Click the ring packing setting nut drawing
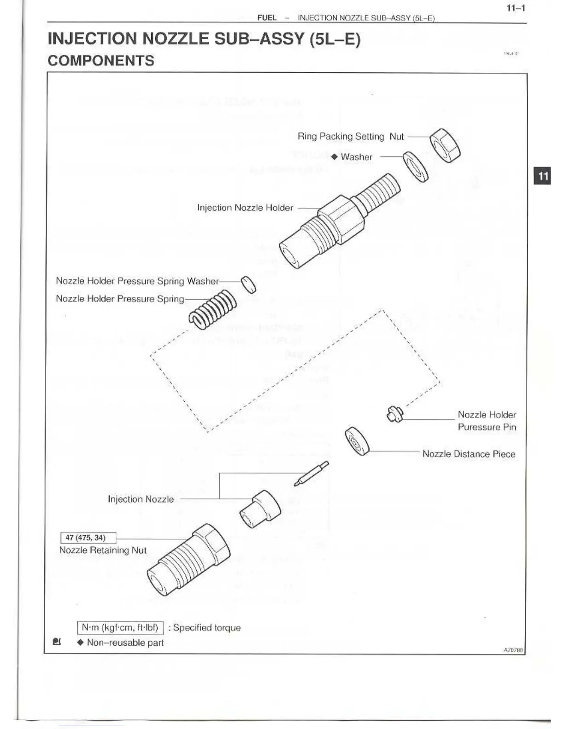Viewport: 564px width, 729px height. [445, 145]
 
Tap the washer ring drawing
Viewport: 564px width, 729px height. [416, 167]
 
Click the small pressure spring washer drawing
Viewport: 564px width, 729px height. [249, 284]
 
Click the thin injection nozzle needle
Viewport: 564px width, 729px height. [312, 473]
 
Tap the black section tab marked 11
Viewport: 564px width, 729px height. [542, 176]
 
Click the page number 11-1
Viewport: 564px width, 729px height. [516, 8]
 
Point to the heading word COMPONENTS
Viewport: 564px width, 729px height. [101, 61]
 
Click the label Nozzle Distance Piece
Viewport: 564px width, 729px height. [469, 454]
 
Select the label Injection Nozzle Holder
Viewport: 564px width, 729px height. [245, 208]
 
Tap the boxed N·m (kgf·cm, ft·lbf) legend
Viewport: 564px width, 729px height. [120, 628]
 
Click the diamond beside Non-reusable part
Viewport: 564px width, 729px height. [80, 642]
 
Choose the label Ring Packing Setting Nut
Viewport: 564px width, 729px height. [350, 136]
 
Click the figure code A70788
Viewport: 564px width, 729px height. [513, 650]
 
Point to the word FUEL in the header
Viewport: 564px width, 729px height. [267, 18]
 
